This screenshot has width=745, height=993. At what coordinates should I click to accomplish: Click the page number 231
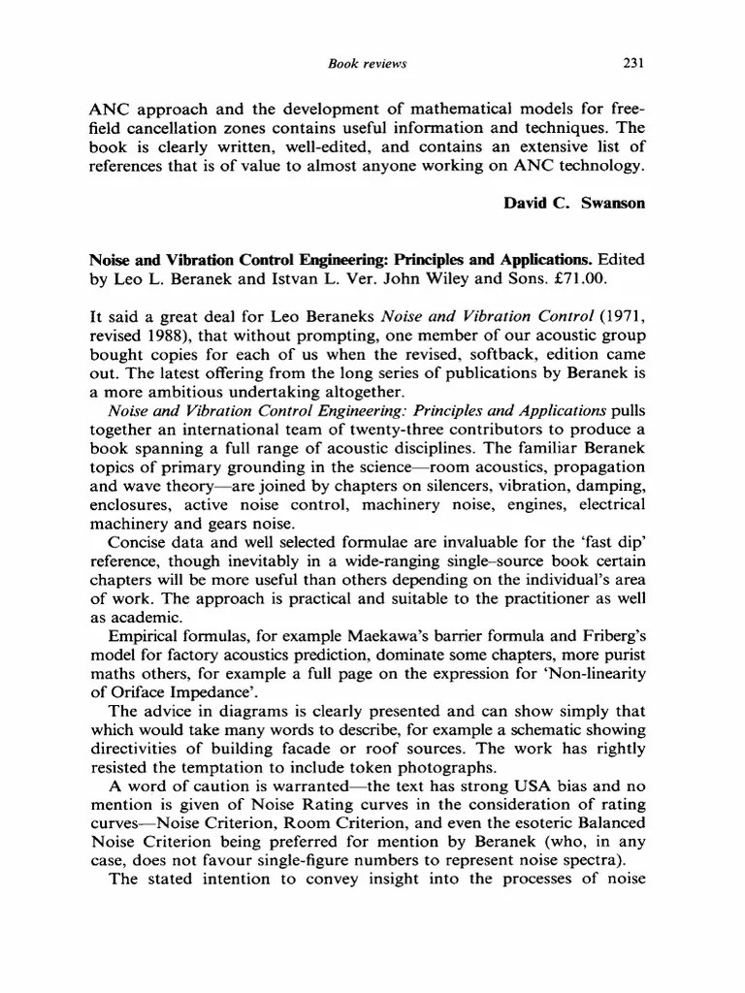[x=633, y=64]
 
